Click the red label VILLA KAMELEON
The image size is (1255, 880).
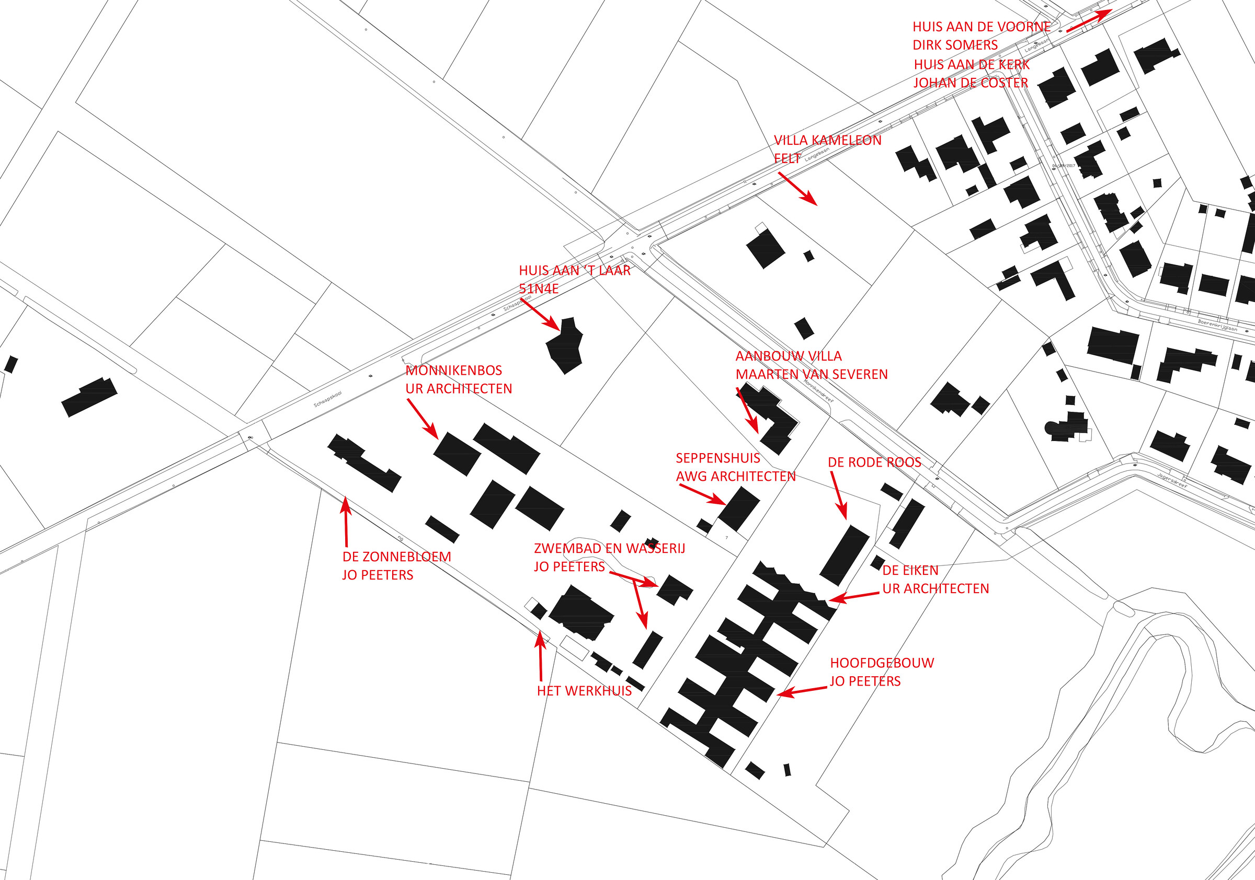[827, 141]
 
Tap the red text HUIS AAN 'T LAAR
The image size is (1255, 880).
[575, 270]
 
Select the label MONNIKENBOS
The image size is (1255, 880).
[454, 370]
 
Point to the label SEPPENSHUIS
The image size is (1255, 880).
[717, 458]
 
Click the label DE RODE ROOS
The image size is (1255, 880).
[874, 462]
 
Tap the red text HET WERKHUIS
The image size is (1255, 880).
[584, 690]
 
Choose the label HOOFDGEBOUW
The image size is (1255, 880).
[882, 663]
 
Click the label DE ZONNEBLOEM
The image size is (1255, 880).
[396, 557]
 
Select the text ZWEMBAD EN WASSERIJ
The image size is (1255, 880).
[609, 548]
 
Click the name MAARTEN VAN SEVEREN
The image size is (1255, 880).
[811, 374]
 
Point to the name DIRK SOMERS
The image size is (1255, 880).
[955, 45]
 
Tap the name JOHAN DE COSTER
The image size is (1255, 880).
[970, 83]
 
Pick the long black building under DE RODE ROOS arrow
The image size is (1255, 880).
[844, 555]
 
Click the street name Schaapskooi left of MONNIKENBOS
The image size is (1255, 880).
[327, 399]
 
